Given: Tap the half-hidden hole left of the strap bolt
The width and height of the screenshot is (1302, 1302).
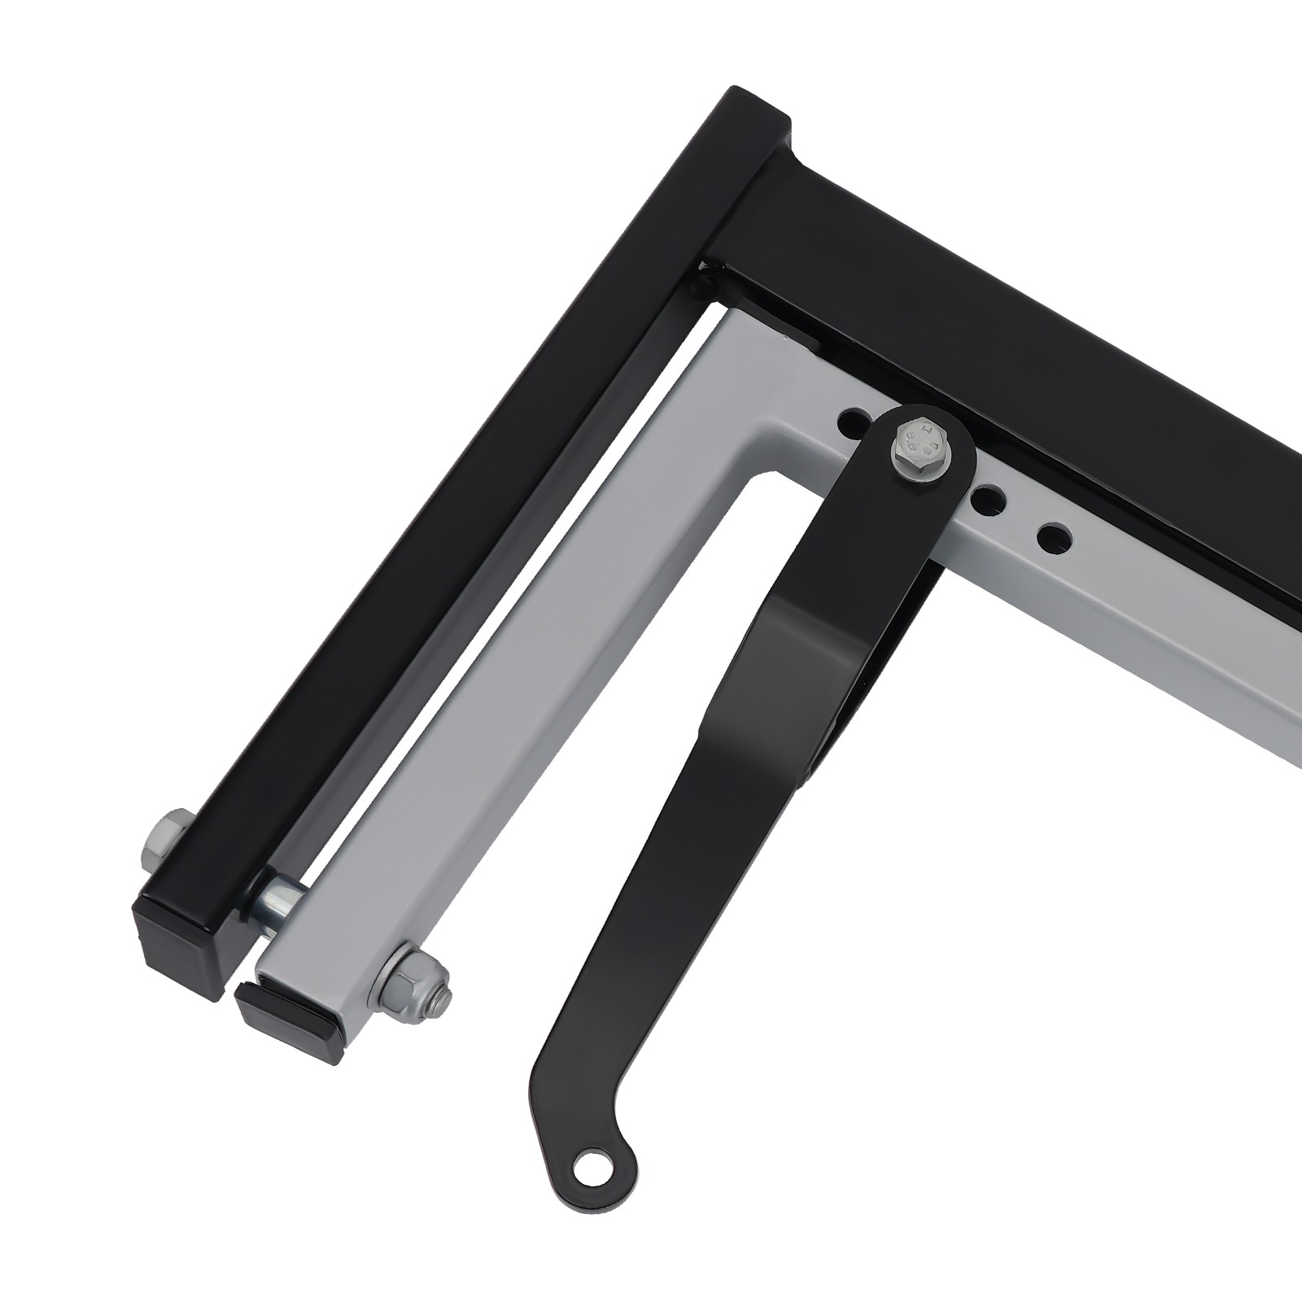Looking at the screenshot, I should [851, 421].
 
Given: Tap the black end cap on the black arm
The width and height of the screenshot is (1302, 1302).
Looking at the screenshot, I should [181, 928].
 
